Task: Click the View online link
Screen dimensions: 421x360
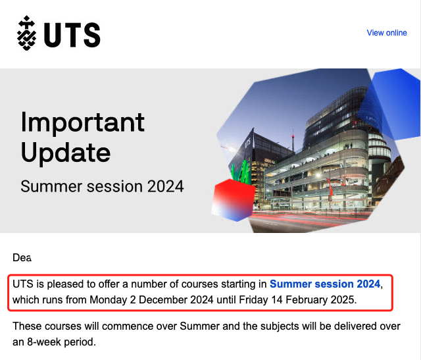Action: pos(387,33)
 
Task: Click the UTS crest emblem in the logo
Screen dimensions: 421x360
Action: pos(26,33)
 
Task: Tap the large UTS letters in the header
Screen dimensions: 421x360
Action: pos(72,35)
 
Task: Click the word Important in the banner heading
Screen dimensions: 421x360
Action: pos(83,123)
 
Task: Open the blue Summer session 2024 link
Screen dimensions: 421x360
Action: pos(325,284)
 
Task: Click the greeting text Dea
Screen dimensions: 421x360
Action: pos(22,257)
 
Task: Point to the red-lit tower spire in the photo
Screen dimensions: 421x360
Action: pos(293,140)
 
